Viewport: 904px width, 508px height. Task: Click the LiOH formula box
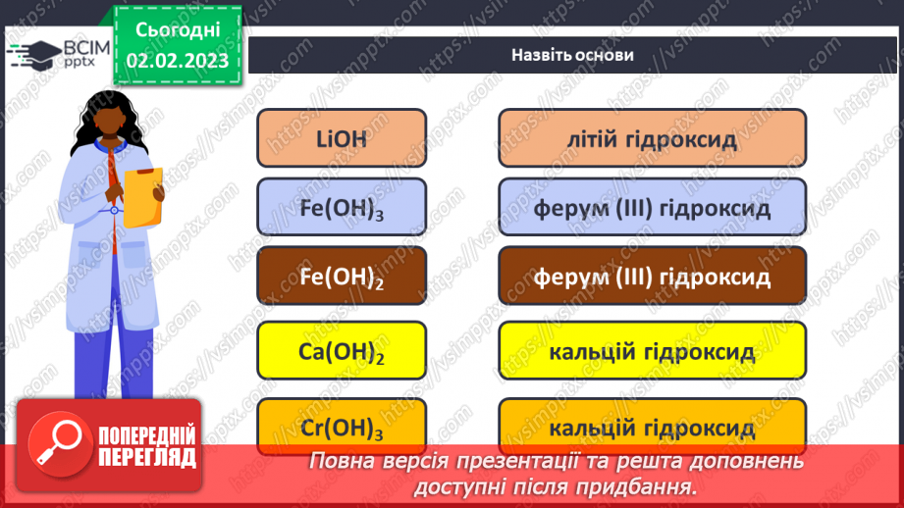point(342,138)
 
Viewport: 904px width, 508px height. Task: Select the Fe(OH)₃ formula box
point(342,209)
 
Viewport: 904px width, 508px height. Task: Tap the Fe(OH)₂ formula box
point(342,278)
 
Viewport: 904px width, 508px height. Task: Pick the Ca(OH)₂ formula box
point(342,351)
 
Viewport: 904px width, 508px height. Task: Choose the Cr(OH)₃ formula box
point(342,427)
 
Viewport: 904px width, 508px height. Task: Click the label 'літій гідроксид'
point(652,138)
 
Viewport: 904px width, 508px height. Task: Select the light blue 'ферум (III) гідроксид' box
point(652,209)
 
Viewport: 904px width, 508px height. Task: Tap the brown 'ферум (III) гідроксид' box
point(652,278)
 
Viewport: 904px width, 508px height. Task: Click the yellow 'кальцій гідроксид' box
point(652,351)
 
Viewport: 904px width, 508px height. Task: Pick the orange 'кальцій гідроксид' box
point(652,428)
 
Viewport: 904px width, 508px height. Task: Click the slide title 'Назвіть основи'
point(572,55)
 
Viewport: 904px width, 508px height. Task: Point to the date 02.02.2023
point(177,62)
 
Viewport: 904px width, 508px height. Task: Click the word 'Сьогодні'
point(177,30)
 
